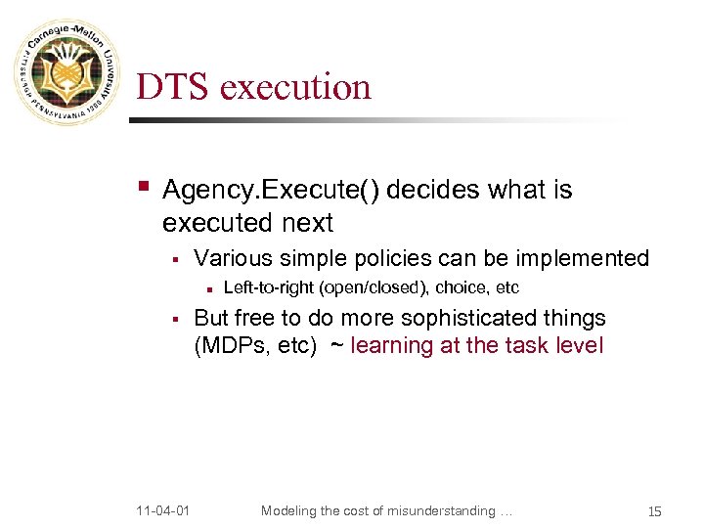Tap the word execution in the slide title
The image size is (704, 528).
[296, 87]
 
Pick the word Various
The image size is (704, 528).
[233, 258]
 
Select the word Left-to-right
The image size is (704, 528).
[269, 287]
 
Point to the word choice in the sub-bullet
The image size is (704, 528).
[459, 287]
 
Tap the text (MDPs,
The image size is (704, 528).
[232, 345]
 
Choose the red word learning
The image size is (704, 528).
[391, 345]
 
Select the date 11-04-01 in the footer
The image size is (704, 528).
[164, 510]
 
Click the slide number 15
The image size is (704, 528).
[655, 511]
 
